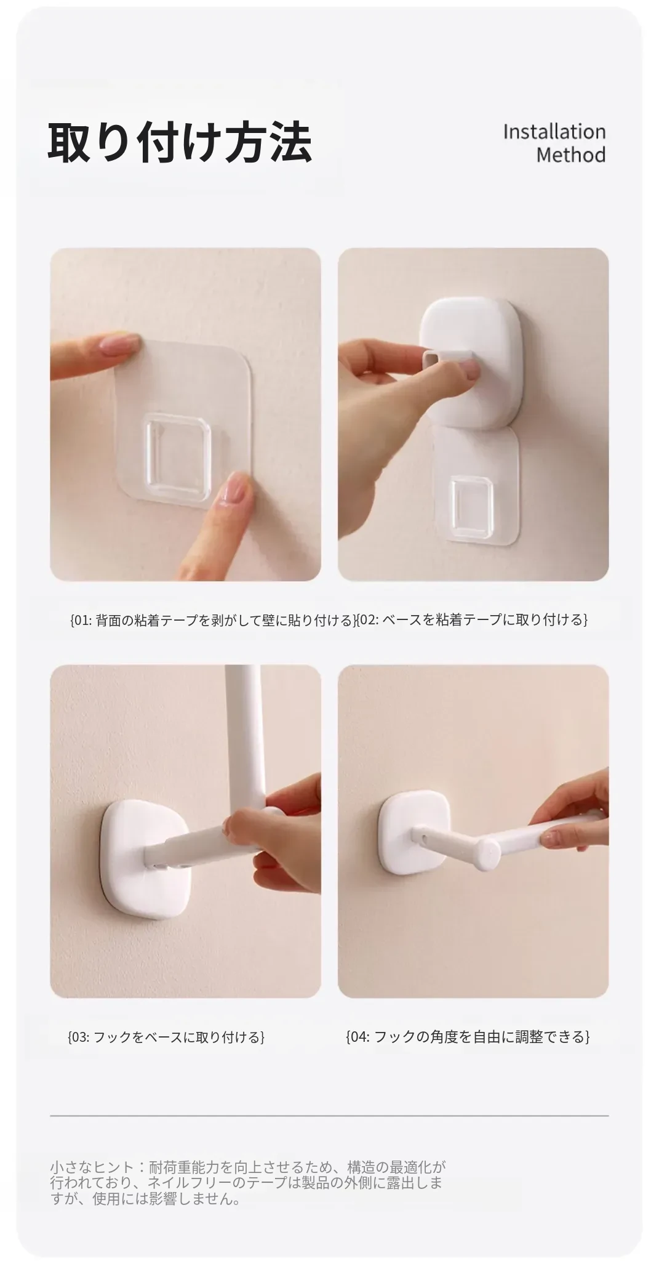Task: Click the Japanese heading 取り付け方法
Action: coord(180,143)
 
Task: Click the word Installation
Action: coord(554,132)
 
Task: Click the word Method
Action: coord(571,155)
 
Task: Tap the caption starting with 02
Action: coord(473,619)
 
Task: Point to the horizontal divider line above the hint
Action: coord(329,1116)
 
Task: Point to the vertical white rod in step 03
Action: coord(244,739)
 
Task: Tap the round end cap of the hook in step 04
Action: coord(491,852)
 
